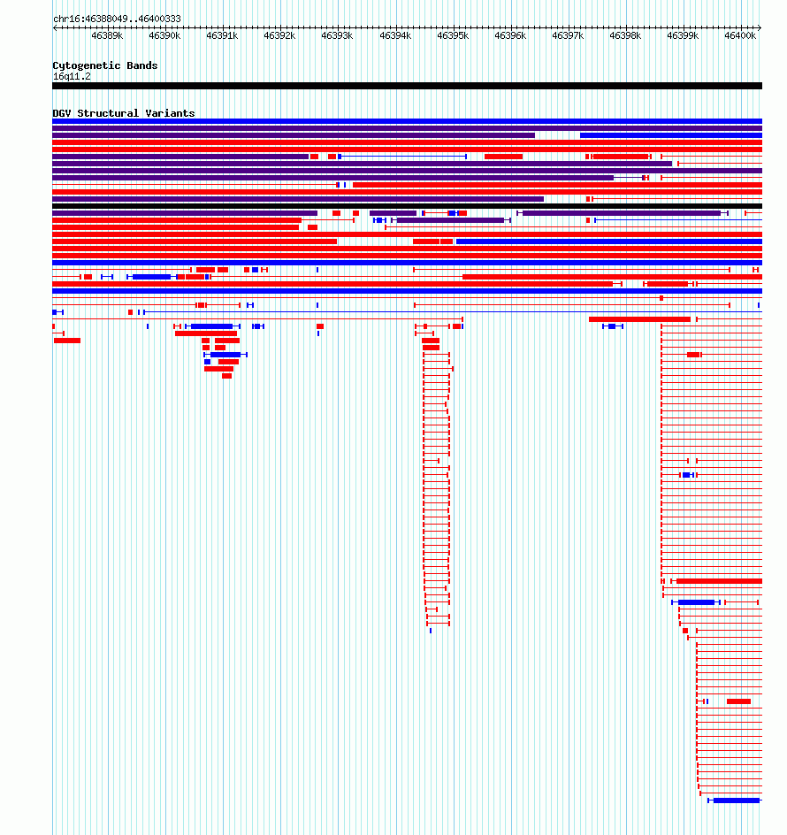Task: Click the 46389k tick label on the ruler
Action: click(x=107, y=35)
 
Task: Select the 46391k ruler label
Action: click(x=222, y=35)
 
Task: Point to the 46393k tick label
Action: click(x=337, y=35)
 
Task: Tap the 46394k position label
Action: click(x=395, y=35)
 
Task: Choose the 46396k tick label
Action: click(x=510, y=35)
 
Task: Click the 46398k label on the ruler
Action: click(x=625, y=35)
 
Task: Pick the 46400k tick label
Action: click(x=740, y=35)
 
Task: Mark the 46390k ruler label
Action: click(x=164, y=35)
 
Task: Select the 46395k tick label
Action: click(x=453, y=35)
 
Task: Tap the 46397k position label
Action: click(x=568, y=35)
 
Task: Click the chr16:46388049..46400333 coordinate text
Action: click(x=117, y=19)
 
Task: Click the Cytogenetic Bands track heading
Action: click(x=105, y=65)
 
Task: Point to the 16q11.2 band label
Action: click(x=72, y=77)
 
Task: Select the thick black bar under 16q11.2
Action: click(x=408, y=86)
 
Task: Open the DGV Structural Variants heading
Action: click(x=124, y=113)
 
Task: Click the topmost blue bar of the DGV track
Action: click(x=408, y=121)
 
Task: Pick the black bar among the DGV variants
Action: click(x=408, y=206)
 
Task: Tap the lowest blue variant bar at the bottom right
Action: click(x=737, y=801)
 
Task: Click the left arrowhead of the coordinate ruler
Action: click(x=55, y=27)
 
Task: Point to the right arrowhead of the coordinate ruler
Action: click(x=760, y=27)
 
